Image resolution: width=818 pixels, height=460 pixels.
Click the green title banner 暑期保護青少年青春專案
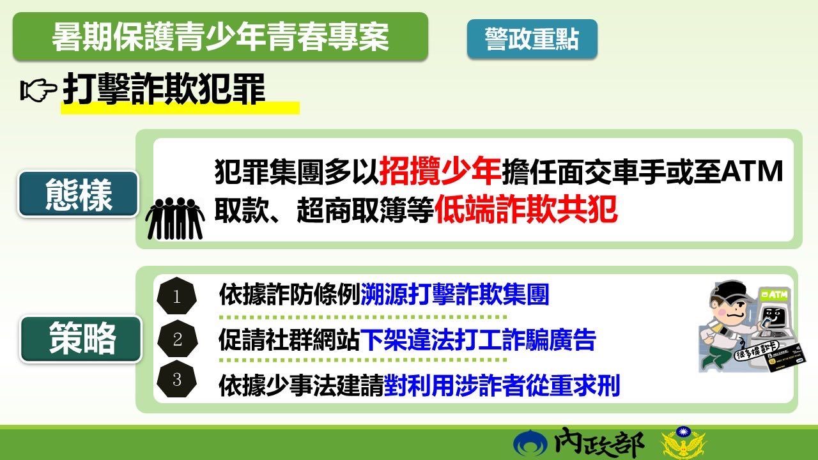coord(220,36)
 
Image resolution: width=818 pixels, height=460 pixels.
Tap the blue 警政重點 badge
coord(532,39)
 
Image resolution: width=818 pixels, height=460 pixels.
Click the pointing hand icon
coord(38,90)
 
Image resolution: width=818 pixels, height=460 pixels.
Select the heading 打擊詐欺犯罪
coord(163,89)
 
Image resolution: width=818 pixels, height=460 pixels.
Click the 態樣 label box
coord(78,195)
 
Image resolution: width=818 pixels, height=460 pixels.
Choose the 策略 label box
coord(81,339)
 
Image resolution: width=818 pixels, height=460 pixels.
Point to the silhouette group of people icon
coord(175,218)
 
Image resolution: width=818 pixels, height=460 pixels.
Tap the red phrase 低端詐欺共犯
coord(526,209)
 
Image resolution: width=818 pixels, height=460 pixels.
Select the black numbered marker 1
coord(177,296)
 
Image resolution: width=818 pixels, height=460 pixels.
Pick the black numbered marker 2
coord(178,339)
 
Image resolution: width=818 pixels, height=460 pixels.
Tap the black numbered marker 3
coord(177,379)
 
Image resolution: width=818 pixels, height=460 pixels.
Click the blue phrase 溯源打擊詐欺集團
coord(455,295)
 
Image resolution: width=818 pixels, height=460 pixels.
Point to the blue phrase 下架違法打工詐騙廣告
coord(478,339)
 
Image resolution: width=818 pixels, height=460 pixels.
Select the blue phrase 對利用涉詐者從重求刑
coord(502,385)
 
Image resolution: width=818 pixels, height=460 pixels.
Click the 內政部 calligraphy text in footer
coord(599,443)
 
